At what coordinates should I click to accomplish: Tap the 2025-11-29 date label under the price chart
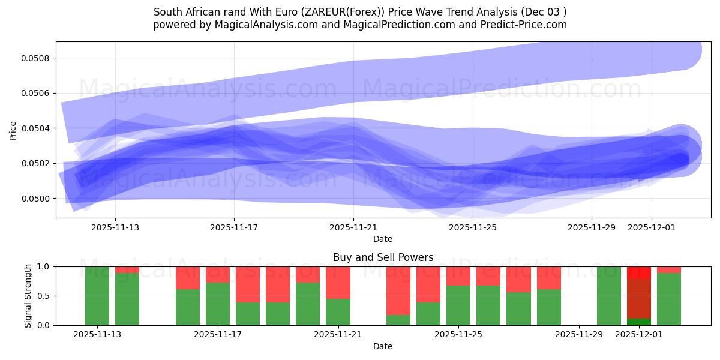[591, 228]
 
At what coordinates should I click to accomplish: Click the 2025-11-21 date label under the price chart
[353, 228]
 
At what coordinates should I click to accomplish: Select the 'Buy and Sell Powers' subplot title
[383, 257]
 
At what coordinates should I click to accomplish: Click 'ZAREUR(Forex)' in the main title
[326, 12]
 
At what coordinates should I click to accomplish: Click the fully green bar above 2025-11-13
[97, 296]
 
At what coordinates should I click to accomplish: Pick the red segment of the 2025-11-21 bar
[338, 282]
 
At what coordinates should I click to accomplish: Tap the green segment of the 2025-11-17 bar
[218, 304]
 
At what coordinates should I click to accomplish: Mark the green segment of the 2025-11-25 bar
[458, 305]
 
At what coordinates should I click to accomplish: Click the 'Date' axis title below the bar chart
[383, 346]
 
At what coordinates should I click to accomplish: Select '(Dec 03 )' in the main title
[543, 12]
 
